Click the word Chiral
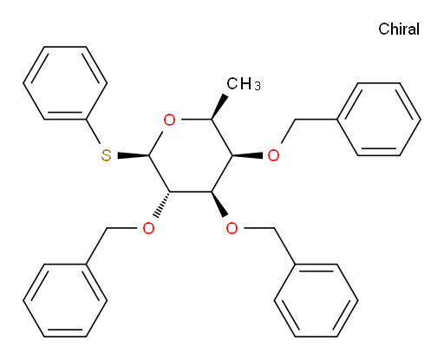pyautogui.click(x=399, y=29)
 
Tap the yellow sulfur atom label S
pyautogui.click(x=107, y=155)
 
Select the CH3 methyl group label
pyautogui.click(x=244, y=84)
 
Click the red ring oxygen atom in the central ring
pyautogui.click(x=169, y=120)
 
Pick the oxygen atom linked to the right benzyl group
pyautogui.click(x=273, y=155)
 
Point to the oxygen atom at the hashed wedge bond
pyautogui.click(x=148, y=228)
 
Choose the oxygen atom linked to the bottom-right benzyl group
pyautogui.click(x=232, y=228)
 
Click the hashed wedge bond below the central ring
pyautogui.click(x=163, y=204)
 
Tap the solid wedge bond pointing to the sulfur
pyautogui.click(x=134, y=155)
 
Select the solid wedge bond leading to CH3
pyautogui.click(x=219, y=107)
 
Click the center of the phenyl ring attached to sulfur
pyautogui.click(x=65, y=83)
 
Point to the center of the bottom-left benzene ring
pyautogui.click(x=65, y=300)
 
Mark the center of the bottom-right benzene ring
pyautogui.click(x=316, y=300)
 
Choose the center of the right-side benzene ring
pyautogui.click(x=379, y=120)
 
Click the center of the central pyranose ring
pyautogui.click(x=191, y=155)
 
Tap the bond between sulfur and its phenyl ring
pyautogui.click(x=93, y=132)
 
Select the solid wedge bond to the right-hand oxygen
pyautogui.click(x=247, y=155)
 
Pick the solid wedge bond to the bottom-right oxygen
pyautogui.click(x=219, y=204)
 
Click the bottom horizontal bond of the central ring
pyautogui.click(x=191, y=192)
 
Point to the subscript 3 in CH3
pyautogui.click(x=258, y=86)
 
